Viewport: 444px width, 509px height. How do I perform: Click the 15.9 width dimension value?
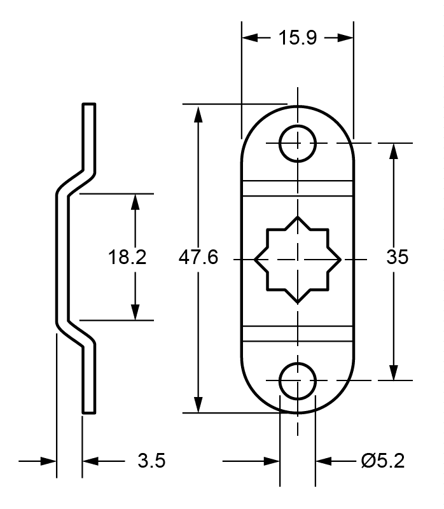(x=296, y=38)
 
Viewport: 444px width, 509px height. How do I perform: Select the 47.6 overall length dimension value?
(x=198, y=258)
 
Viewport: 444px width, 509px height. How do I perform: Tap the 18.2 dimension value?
(x=127, y=258)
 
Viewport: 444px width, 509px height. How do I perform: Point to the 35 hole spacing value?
(x=397, y=258)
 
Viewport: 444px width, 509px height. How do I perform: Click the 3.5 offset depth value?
(x=152, y=461)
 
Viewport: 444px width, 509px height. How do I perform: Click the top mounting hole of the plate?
(x=298, y=143)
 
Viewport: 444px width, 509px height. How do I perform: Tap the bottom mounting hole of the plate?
(x=298, y=380)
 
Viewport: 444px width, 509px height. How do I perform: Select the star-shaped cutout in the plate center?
(x=298, y=260)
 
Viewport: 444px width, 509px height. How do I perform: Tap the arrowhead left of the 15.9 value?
(x=250, y=38)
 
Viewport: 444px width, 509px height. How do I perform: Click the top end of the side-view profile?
(x=89, y=104)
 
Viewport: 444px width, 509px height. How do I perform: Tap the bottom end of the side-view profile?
(x=89, y=412)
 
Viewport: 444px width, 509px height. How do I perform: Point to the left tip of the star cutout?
(x=256, y=260)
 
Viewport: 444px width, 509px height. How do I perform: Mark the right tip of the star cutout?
(x=340, y=260)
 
